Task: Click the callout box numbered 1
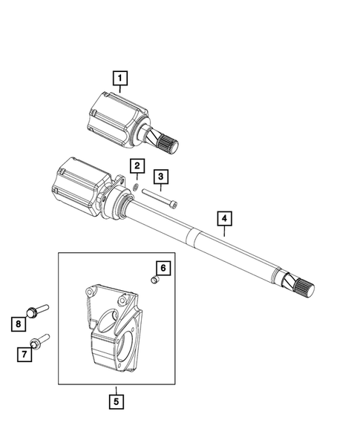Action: point(119,76)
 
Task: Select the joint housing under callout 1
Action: point(113,119)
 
